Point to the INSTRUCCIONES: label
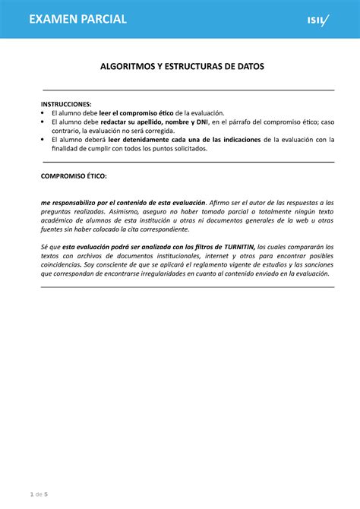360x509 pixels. pos(66,103)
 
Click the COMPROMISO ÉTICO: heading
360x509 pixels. pos(74,175)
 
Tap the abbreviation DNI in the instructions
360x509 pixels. pos(202,122)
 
